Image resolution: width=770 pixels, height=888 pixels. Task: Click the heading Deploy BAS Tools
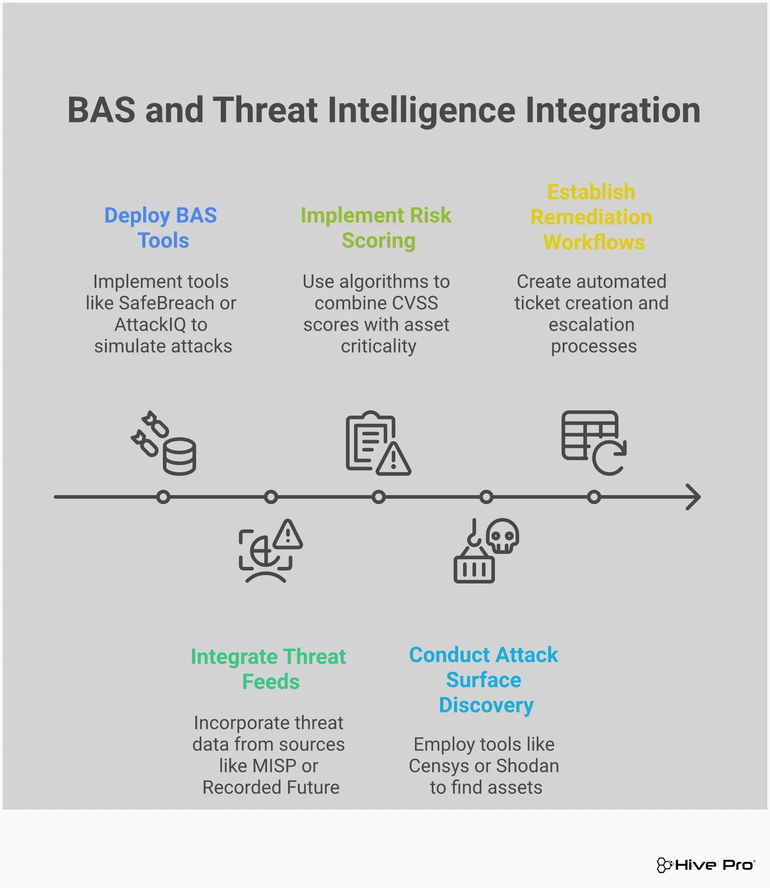[161, 228]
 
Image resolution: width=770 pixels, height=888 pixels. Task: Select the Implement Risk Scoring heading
[376, 228]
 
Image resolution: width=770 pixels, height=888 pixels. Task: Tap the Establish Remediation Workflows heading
[591, 217]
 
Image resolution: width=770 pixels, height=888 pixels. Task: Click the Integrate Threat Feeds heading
[268, 669]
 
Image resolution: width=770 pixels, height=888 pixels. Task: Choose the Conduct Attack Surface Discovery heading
[484, 680]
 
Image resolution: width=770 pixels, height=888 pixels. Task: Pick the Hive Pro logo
[705, 865]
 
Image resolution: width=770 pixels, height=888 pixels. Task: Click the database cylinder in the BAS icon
[179, 457]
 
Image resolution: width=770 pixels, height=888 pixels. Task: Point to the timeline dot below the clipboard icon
[379, 497]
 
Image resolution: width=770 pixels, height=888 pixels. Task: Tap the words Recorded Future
[271, 788]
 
